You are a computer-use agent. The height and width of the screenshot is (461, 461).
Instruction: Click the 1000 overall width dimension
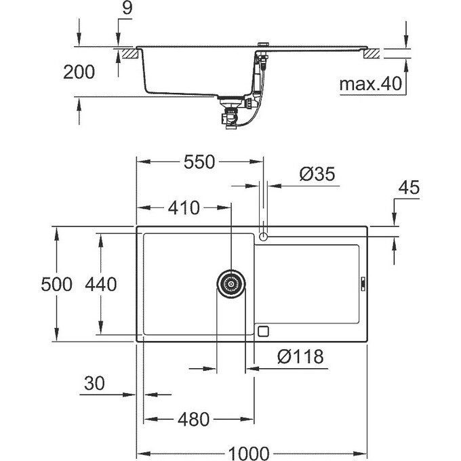(x=248, y=454)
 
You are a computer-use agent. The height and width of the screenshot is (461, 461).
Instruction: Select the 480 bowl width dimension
(x=193, y=420)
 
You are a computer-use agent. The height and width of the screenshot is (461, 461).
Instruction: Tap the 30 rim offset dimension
(x=94, y=384)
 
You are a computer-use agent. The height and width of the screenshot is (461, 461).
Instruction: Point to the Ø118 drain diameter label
(x=300, y=357)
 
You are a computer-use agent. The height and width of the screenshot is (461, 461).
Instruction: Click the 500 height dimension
(x=56, y=284)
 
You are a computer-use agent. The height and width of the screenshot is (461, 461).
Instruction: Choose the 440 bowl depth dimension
(x=101, y=284)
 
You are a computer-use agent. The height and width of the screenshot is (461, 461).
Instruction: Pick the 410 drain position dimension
(x=184, y=208)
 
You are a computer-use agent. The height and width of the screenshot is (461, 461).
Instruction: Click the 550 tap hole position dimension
(x=199, y=162)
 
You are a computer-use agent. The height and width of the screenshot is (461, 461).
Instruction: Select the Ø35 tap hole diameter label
(x=317, y=174)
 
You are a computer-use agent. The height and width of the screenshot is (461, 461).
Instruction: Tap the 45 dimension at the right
(x=409, y=188)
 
